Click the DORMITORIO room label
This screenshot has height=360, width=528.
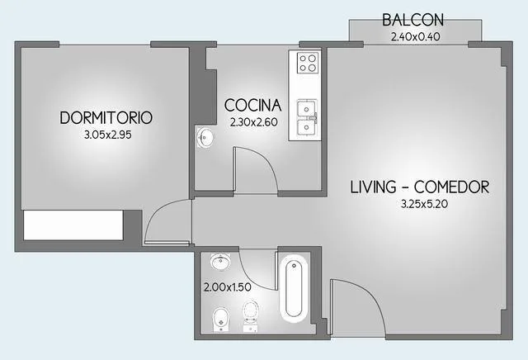106,117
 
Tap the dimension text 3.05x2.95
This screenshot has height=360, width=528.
108,135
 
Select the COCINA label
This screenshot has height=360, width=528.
253,105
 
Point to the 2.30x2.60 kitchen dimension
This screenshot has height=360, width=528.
253,122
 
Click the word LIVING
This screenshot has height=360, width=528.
373,187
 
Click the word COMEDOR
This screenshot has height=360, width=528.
451,187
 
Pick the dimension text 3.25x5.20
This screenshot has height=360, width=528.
424,204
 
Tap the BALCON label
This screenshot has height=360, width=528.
412,20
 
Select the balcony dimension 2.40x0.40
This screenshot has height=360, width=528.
415,36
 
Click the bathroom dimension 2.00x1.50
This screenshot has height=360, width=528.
228,287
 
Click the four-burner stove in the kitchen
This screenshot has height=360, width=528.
308,63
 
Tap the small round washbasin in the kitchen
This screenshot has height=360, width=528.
205,137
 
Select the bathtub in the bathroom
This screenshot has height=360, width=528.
294,287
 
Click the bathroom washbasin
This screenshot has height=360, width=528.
220,262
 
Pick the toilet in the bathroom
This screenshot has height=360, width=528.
251,316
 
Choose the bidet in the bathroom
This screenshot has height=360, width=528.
221,320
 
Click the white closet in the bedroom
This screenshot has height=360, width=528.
73,225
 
